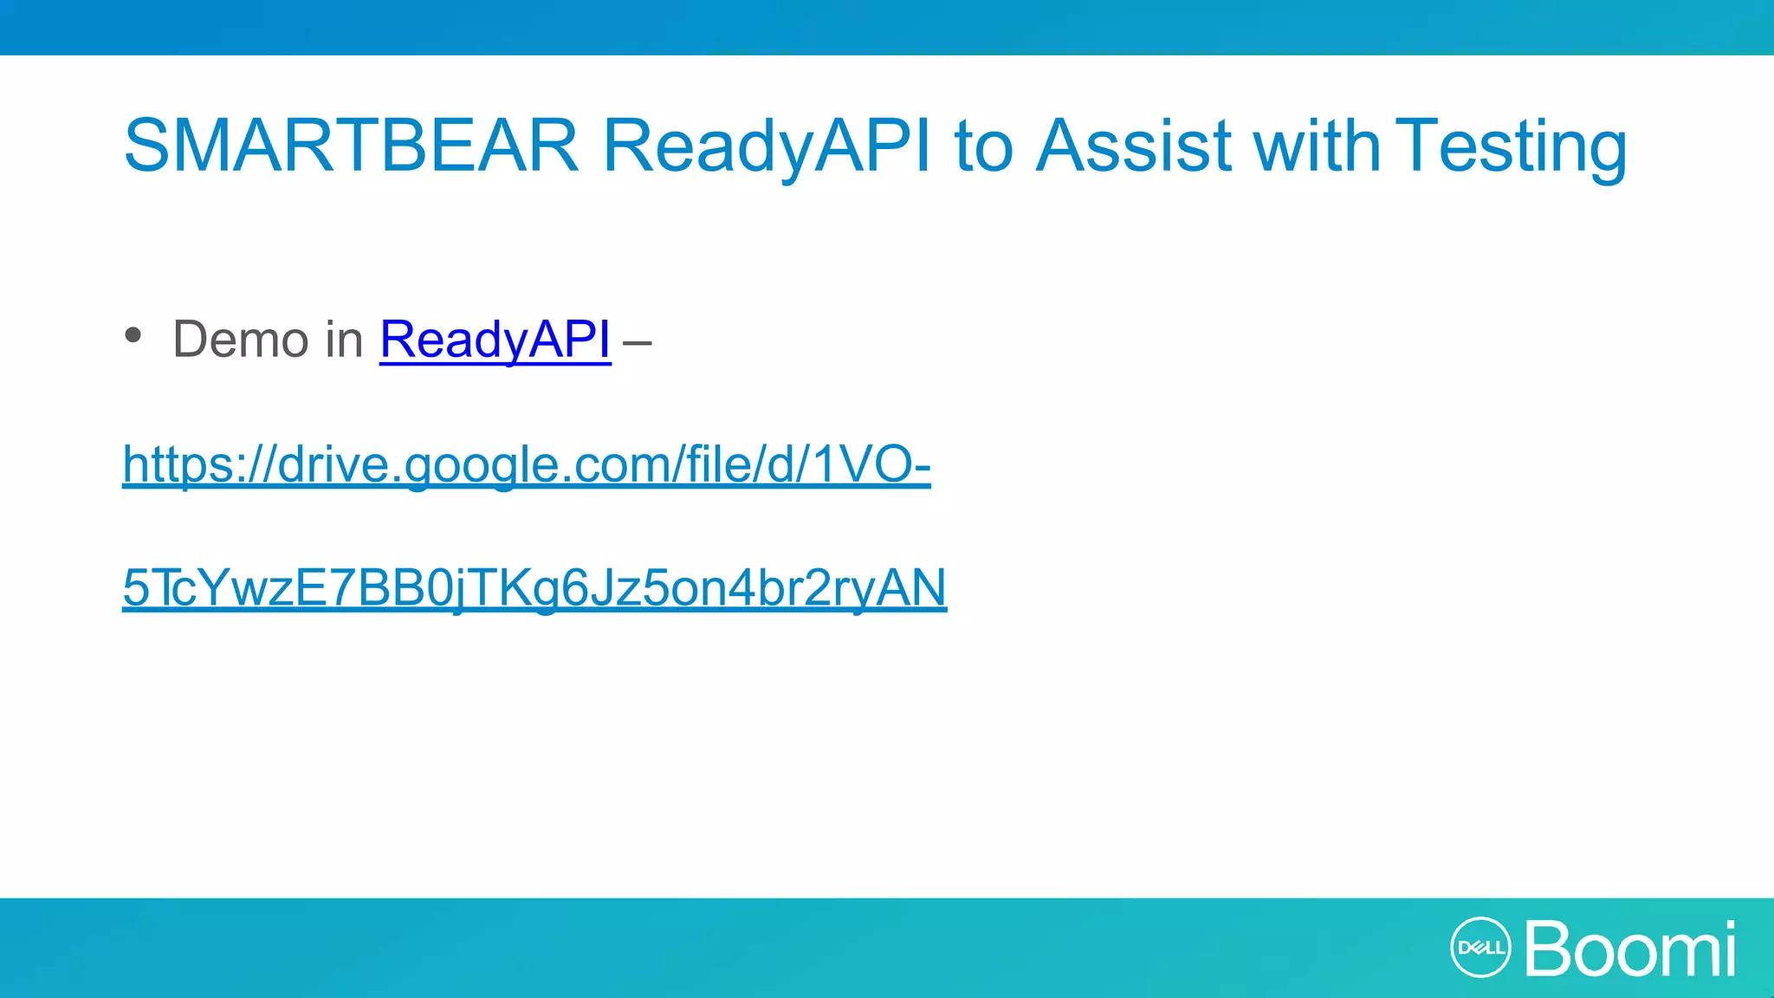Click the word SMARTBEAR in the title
pos(351,146)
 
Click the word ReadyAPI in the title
pos(767,146)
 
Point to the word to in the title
pos(983,146)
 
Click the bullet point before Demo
pos(133,335)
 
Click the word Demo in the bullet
pos(240,339)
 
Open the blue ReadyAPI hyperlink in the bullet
pos(495,339)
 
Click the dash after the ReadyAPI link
pos(637,342)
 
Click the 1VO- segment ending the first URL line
pos(871,464)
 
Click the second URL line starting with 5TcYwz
pos(534,587)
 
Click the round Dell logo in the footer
pos(1480,947)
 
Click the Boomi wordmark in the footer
pos(1629,949)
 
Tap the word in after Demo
pos(344,339)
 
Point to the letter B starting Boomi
pos(1551,949)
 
